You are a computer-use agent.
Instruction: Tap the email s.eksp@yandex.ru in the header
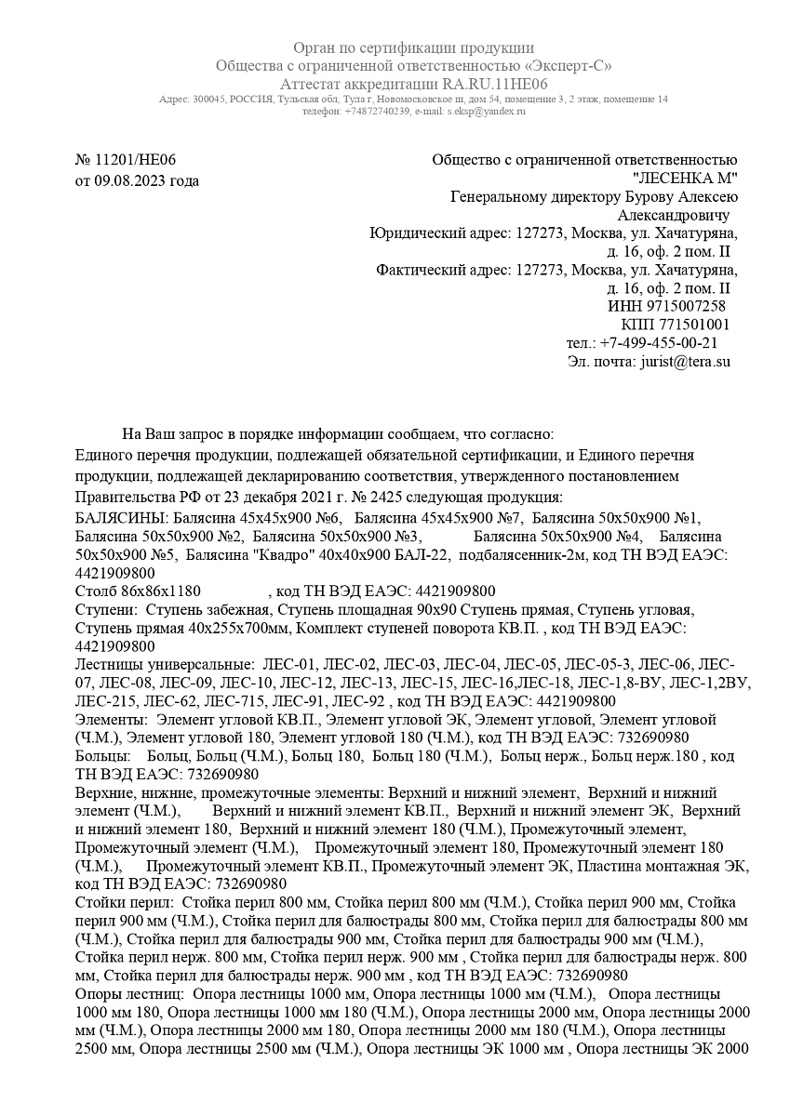point(486,111)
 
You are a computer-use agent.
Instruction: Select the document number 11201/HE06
point(136,160)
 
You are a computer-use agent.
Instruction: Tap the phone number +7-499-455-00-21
point(658,343)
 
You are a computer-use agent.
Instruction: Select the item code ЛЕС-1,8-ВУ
point(634,683)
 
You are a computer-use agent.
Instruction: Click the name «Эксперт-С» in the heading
point(569,66)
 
